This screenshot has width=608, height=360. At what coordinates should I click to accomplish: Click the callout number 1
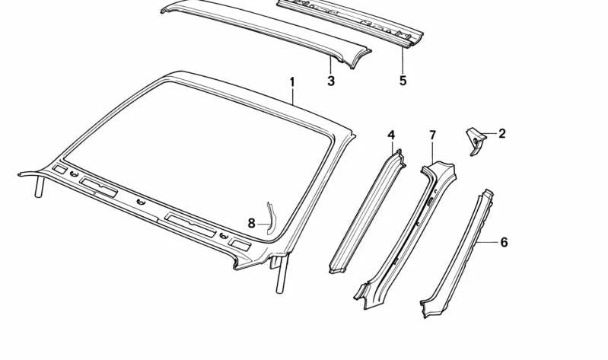click(x=291, y=81)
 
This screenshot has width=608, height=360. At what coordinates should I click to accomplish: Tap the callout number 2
click(x=501, y=134)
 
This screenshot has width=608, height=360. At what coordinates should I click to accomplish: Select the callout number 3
click(x=331, y=81)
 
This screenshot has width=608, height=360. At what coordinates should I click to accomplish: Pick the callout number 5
click(x=403, y=80)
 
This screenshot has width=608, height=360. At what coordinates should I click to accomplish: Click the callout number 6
click(x=503, y=242)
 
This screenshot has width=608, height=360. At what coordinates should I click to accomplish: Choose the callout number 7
click(x=432, y=135)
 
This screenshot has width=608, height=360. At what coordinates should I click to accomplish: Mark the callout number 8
click(x=252, y=223)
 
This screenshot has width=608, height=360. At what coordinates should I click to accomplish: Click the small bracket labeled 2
click(x=475, y=140)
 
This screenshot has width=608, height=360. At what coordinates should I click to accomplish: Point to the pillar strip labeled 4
click(x=369, y=213)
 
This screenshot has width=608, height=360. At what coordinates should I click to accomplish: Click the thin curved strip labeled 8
click(x=269, y=215)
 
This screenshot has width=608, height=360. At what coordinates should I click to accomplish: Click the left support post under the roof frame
click(x=37, y=188)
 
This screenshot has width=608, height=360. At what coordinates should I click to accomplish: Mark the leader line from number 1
click(x=292, y=95)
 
